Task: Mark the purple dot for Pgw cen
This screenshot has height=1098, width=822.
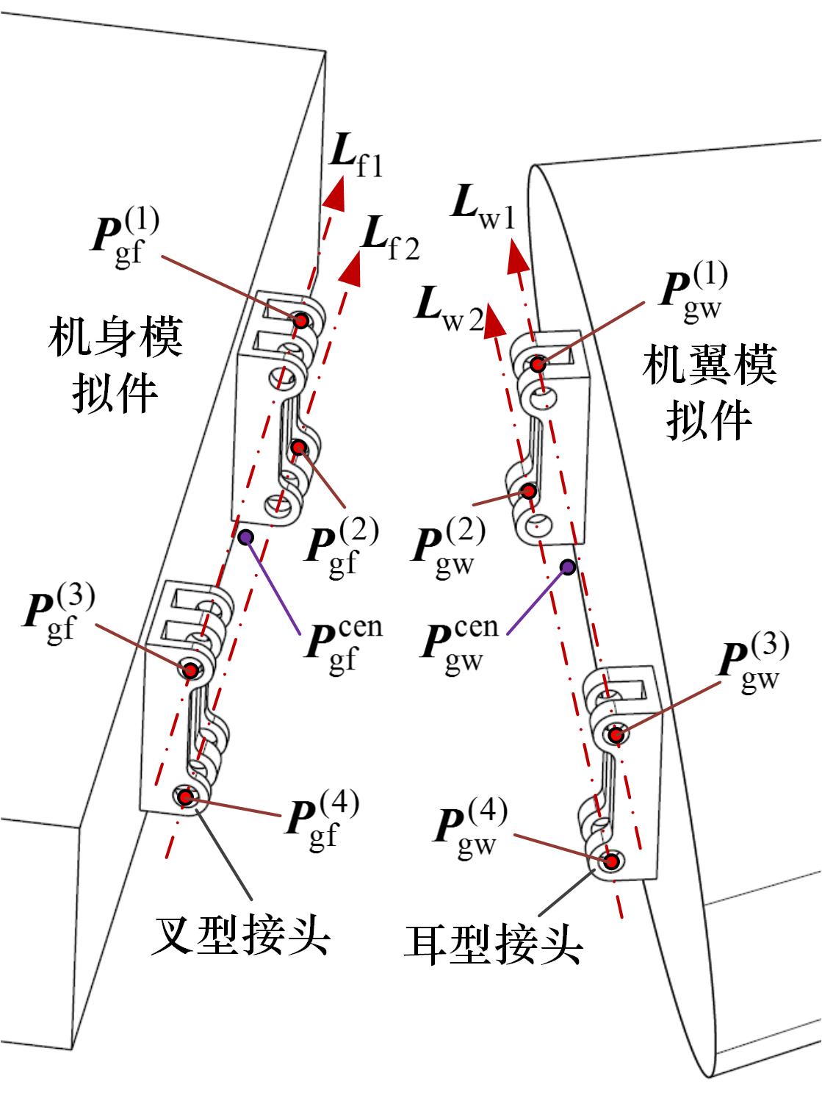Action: coord(568,566)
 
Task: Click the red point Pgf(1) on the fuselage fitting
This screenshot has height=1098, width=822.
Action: coord(300,320)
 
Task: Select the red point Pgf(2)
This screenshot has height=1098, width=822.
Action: coord(298,447)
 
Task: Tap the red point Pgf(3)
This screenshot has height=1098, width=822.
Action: coord(191,670)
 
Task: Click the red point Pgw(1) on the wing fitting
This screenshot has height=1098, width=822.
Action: coord(538,364)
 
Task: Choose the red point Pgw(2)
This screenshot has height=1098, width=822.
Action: coord(526,490)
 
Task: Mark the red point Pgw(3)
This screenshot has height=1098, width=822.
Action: coord(616,733)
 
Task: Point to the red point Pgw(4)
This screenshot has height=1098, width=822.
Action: coord(610,859)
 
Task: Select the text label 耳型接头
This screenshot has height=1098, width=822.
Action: coord(493,944)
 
